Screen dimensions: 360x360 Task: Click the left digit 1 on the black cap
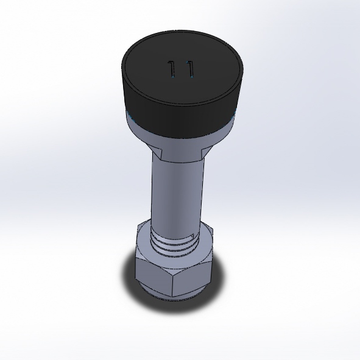(172, 69)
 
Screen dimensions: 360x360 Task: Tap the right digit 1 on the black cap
(189, 69)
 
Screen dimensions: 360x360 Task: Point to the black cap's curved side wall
(182, 119)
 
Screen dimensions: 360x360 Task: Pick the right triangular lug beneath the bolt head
(205, 152)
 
